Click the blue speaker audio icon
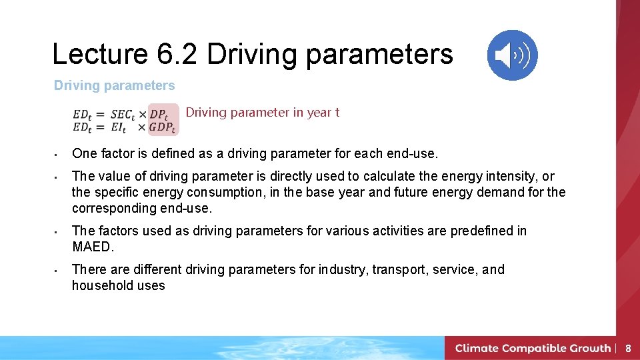[x=512, y=55]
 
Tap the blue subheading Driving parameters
[x=114, y=85]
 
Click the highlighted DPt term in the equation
[x=158, y=115]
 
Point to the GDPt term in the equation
[x=162, y=127]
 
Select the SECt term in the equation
[x=123, y=115]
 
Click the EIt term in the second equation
[x=121, y=127]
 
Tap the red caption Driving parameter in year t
[x=262, y=112]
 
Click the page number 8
[x=627, y=348]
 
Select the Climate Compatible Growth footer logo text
[x=533, y=348]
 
